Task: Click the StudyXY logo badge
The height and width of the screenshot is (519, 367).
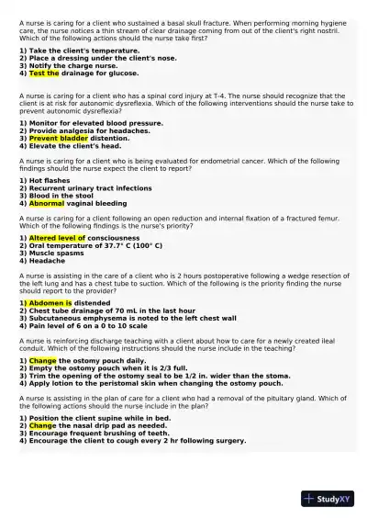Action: pos(328,499)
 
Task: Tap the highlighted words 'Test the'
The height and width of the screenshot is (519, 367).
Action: pos(44,73)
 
